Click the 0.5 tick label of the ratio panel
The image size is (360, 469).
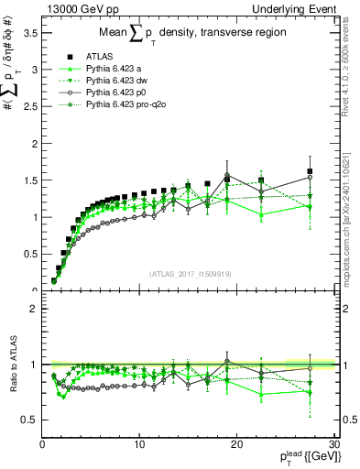30,420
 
